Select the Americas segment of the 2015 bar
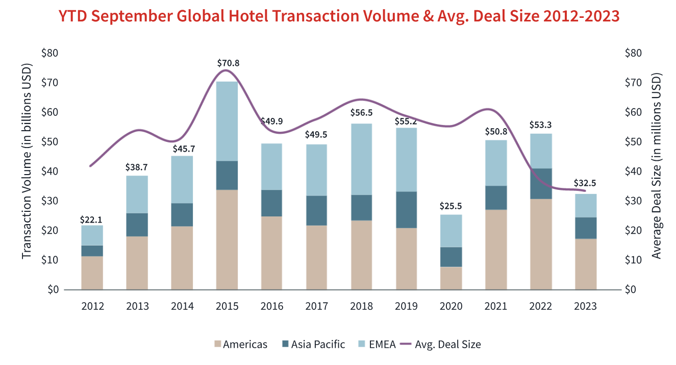coord(227,240)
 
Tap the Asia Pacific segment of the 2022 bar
coord(541,183)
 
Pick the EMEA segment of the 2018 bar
coord(362,159)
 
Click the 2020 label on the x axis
coord(451,306)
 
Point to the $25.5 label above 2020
coord(451,206)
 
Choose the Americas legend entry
coord(240,345)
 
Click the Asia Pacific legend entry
coord(313,345)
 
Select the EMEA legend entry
coord(377,345)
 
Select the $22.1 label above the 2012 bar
coord(92,220)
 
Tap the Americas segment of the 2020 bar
coord(451,278)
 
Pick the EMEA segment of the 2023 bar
coord(586,206)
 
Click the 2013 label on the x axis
coord(137,306)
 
